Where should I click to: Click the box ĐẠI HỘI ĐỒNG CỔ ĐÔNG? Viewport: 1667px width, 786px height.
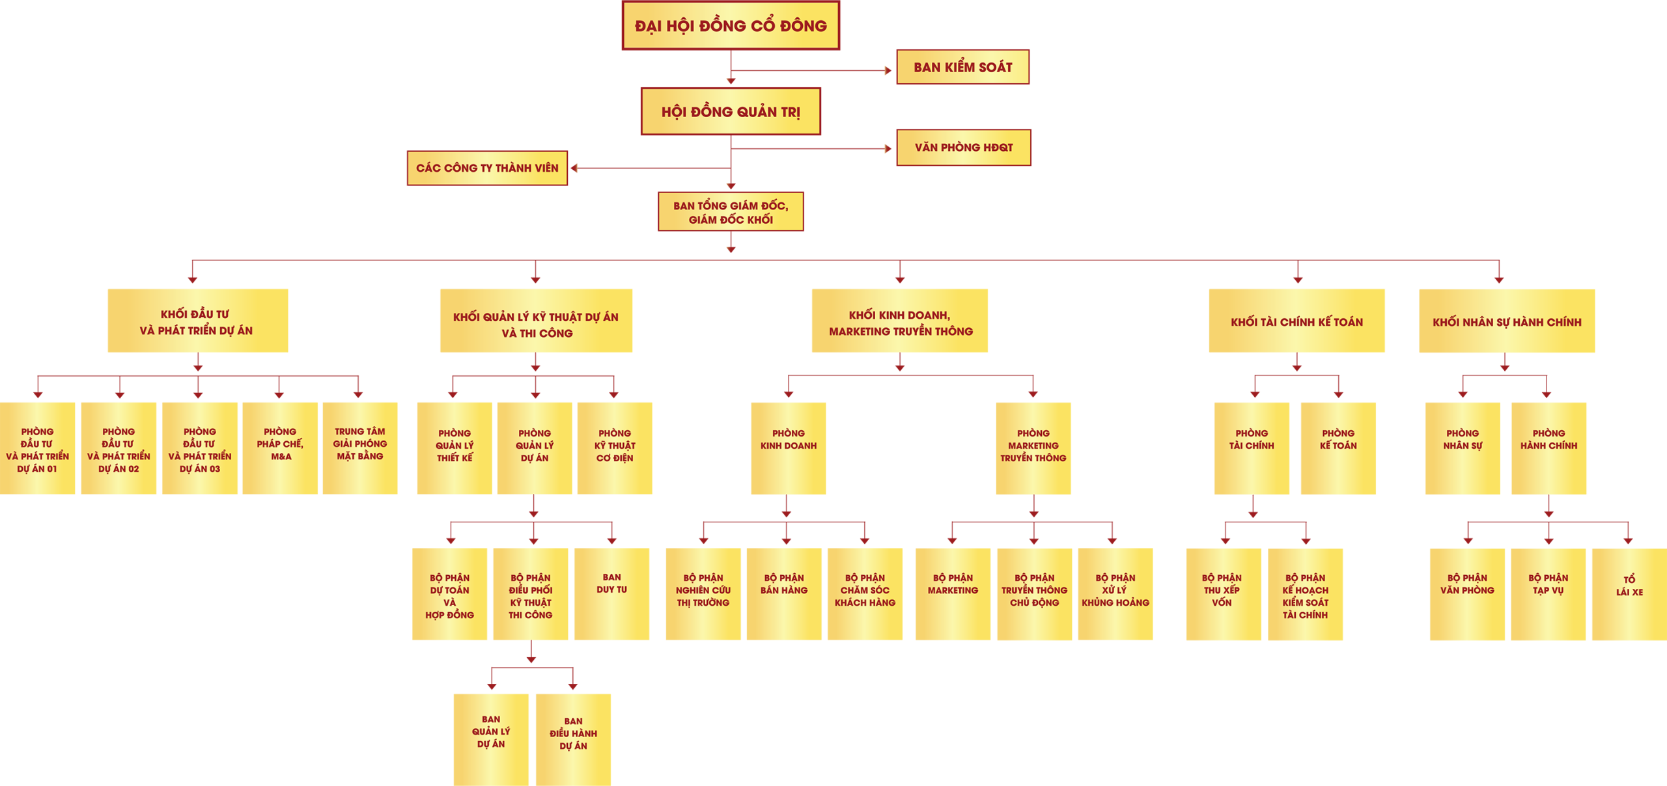(x=731, y=25)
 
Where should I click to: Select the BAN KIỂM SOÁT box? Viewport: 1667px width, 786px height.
(x=962, y=67)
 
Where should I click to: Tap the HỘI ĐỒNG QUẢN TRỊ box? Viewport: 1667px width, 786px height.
(x=731, y=112)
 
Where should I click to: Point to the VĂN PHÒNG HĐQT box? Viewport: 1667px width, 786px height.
(x=963, y=148)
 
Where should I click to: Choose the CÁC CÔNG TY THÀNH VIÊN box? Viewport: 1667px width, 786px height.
(x=487, y=169)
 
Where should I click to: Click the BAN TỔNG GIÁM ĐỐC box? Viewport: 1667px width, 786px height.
(x=731, y=212)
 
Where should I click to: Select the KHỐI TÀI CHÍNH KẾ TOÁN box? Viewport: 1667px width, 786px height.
(x=1296, y=321)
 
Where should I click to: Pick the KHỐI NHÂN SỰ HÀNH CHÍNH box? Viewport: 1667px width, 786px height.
(x=1507, y=321)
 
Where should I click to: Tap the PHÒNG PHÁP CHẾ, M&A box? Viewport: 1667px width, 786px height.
(x=280, y=448)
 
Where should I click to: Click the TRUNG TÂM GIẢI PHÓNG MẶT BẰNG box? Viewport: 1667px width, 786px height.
(x=359, y=448)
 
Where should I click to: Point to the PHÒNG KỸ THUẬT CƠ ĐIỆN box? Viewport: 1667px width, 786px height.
(x=614, y=448)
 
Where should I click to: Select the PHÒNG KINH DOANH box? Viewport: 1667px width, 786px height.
(x=788, y=448)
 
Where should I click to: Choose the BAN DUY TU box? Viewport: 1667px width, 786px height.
(x=611, y=594)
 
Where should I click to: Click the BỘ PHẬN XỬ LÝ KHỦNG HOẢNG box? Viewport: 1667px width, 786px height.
(x=1115, y=594)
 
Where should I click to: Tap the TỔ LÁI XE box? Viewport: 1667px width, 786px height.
(x=1629, y=594)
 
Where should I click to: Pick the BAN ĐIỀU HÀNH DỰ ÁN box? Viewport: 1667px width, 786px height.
(x=573, y=739)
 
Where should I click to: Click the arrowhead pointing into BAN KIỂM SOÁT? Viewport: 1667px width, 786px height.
(x=888, y=70)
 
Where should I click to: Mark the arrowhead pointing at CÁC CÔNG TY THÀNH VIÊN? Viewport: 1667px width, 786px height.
(x=574, y=169)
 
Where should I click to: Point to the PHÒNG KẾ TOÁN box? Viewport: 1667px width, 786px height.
(x=1338, y=448)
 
